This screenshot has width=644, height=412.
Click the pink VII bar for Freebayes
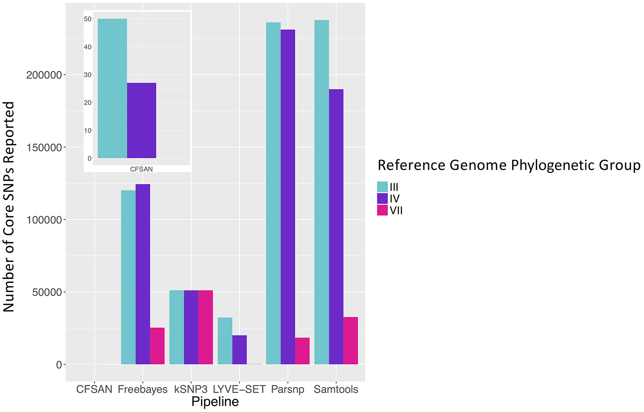click(157, 346)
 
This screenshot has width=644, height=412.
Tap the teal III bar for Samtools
click(321, 192)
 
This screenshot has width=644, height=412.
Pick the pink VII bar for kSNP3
click(206, 327)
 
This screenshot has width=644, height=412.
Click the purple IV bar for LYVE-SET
click(239, 350)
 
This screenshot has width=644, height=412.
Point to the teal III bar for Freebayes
click(128, 277)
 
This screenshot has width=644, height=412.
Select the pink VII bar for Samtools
click(350, 341)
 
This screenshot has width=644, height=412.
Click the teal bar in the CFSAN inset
click(112, 89)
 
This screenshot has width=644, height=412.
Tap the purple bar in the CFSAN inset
click(141, 121)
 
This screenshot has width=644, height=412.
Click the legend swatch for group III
click(382, 187)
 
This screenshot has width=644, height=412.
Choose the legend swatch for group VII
click(382, 210)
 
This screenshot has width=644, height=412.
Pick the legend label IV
click(395, 199)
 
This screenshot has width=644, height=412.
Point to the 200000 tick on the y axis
click(44, 75)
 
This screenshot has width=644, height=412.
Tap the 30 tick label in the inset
click(87, 75)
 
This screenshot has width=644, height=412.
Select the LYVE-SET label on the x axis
click(239, 389)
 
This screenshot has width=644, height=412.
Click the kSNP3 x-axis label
click(191, 389)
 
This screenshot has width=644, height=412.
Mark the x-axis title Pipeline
click(215, 402)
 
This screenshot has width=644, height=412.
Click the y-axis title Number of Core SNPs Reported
click(9, 206)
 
